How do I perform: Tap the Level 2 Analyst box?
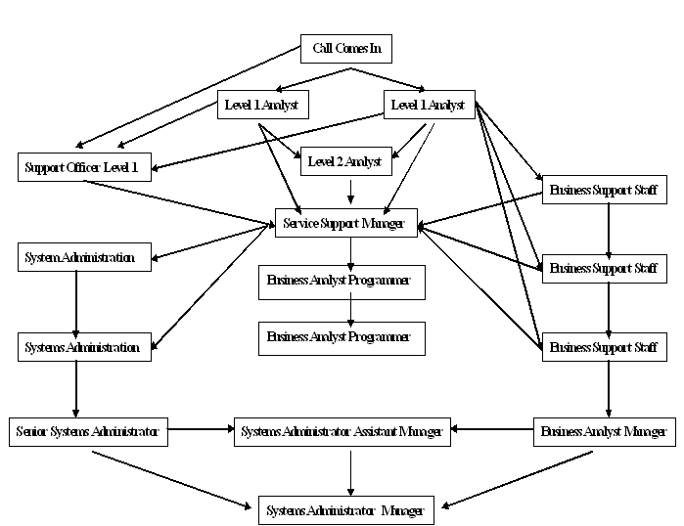pyautogui.click(x=344, y=162)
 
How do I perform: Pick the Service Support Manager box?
pyautogui.click(x=346, y=223)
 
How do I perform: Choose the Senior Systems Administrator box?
pyautogui.click(x=89, y=430)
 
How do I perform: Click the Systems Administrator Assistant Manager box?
pyautogui.click(x=342, y=431)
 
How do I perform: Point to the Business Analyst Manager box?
pyautogui.click(x=604, y=431)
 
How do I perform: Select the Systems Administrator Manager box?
pyautogui.click(x=345, y=510)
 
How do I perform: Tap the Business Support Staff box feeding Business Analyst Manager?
pyautogui.click(x=604, y=347)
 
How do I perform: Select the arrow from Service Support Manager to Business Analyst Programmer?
pyautogui.click(x=351, y=250)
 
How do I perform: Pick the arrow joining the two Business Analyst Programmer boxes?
pyautogui.click(x=351, y=309)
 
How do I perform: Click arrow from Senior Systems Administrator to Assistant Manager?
pyautogui.click(x=201, y=428)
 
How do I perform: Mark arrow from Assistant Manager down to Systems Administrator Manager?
pyautogui.click(x=351, y=470)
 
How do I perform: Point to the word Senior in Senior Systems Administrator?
pyautogui.click(x=37, y=430)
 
